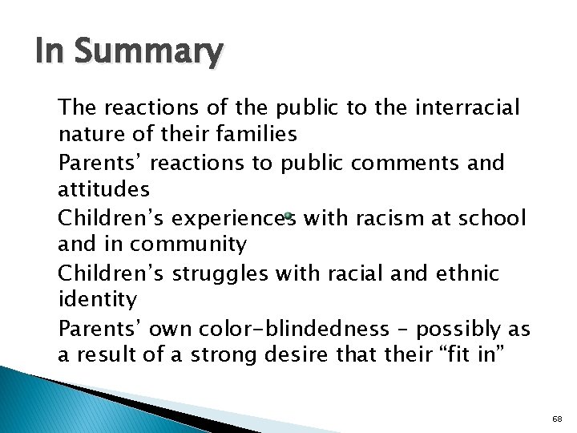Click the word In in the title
53,52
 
